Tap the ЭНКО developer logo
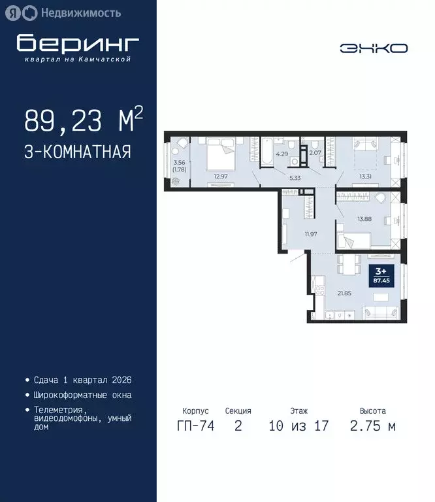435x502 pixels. coord(373,48)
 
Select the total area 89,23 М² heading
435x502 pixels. coord(83,121)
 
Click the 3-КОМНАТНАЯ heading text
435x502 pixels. coord(78,152)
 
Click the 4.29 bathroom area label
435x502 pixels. coord(282,154)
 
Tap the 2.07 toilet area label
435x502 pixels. coord(315,153)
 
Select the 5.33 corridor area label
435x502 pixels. coord(295,176)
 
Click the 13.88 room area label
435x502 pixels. coord(364,219)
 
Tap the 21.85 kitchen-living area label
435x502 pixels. coord(344,292)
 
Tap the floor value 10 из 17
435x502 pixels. coord(298,427)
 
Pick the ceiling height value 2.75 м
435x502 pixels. coord(372,427)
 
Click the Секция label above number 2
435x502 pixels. coord(238,411)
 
